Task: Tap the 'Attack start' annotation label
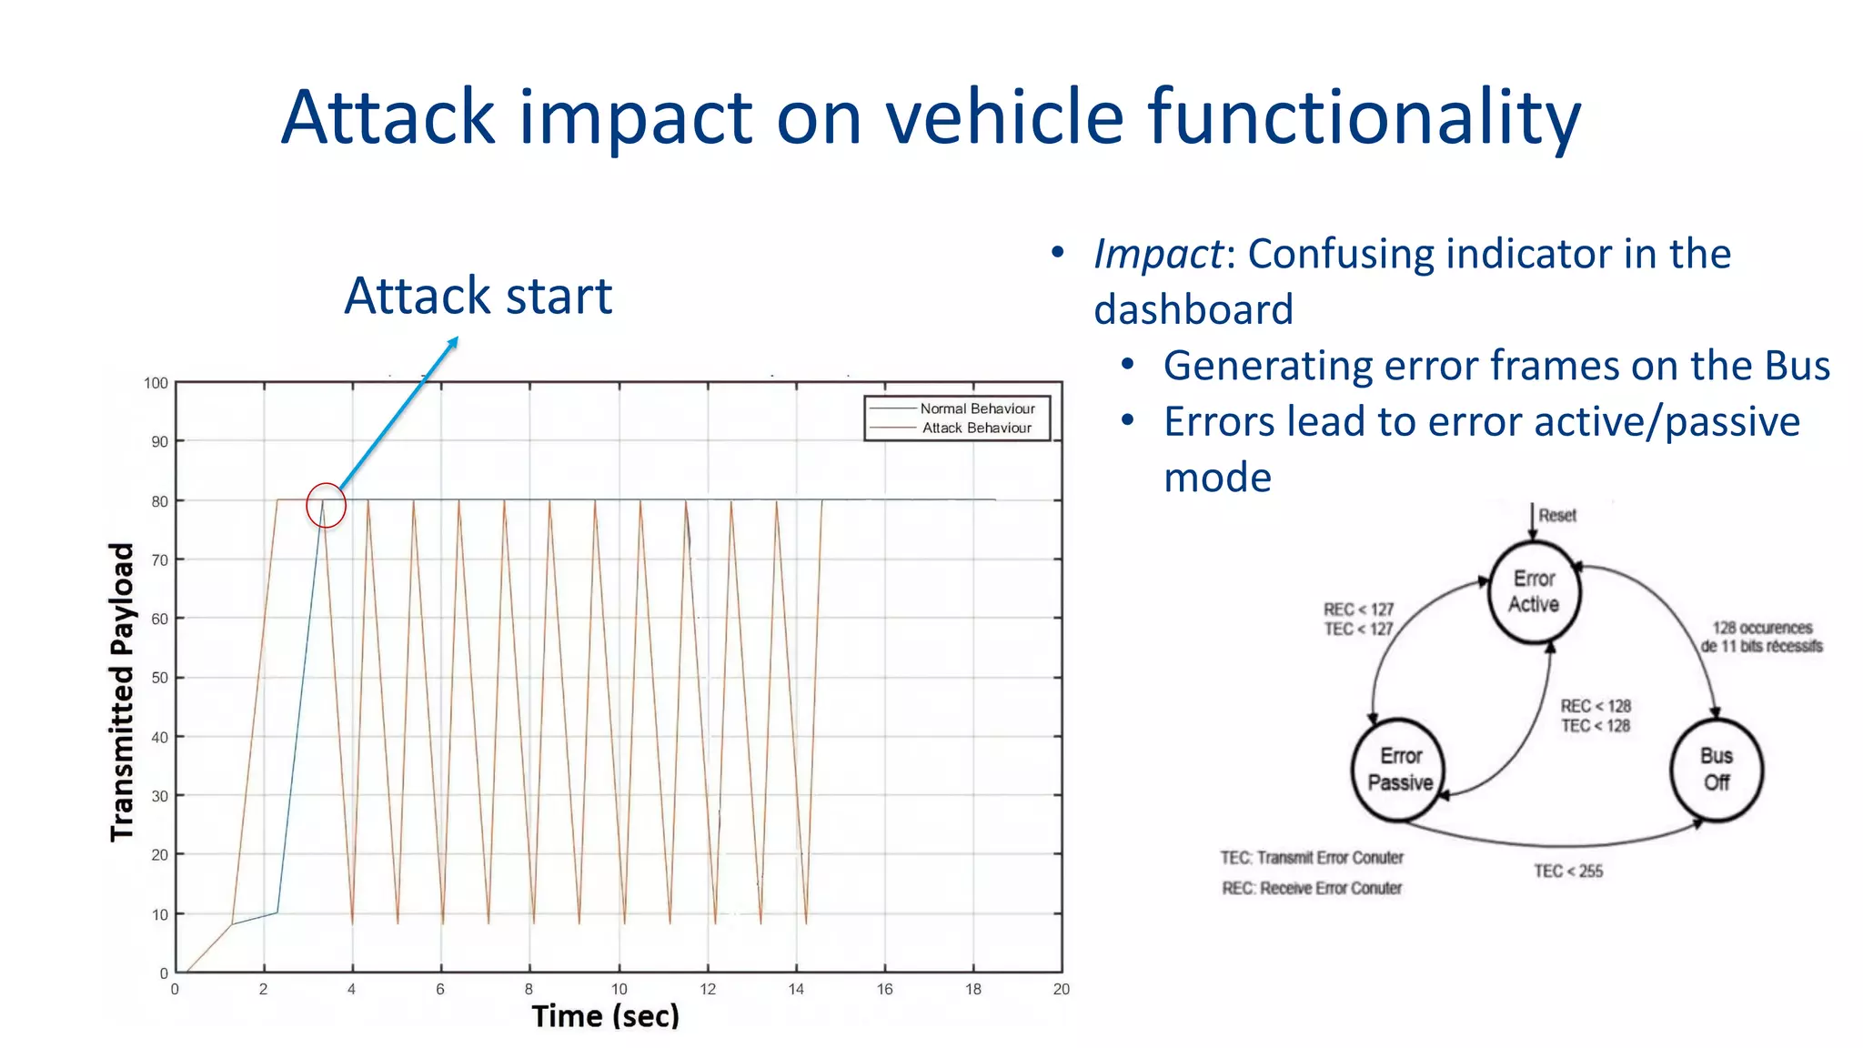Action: tap(478, 296)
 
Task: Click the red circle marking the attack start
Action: tap(326, 506)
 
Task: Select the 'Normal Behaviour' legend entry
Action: tap(977, 408)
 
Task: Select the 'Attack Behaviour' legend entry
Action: tap(977, 428)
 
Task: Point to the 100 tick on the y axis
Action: tap(156, 383)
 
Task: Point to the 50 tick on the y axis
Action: tap(159, 678)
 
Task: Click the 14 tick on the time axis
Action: tap(796, 990)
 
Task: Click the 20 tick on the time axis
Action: tap(1061, 990)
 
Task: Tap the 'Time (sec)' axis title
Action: tap(605, 1016)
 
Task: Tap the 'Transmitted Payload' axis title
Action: tap(122, 691)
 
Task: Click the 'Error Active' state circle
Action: tap(1534, 592)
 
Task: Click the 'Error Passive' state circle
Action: tap(1399, 770)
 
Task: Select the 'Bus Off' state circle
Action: tap(1716, 770)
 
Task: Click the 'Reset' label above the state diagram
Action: tap(1556, 515)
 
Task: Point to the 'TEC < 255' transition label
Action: tap(1567, 872)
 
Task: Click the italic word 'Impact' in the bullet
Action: tap(1158, 254)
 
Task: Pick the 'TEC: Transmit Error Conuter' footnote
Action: tap(1311, 858)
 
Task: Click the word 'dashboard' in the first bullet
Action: tap(1193, 310)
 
